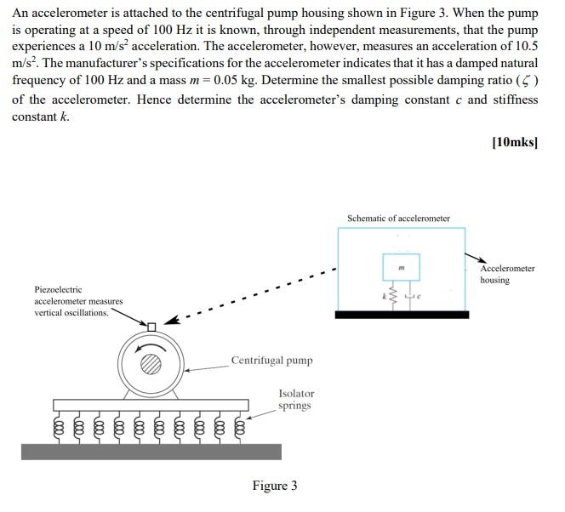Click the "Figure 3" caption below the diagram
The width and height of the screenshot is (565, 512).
click(274, 486)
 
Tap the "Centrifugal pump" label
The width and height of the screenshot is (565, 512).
click(271, 360)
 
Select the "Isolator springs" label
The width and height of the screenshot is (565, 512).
click(296, 399)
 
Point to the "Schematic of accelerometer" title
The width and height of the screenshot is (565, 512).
click(398, 219)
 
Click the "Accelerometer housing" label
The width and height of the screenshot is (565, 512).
click(507, 274)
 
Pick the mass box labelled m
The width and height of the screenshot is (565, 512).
click(401, 268)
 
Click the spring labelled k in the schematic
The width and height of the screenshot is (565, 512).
click(391, 297)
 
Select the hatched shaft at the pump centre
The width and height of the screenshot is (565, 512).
click(151, 363)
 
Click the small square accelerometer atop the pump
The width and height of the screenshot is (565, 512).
click(151, 327)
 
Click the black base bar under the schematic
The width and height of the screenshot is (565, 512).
click(401, 315)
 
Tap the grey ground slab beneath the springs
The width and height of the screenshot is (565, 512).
click(151, 452)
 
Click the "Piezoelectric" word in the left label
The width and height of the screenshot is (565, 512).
click(58, 289)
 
